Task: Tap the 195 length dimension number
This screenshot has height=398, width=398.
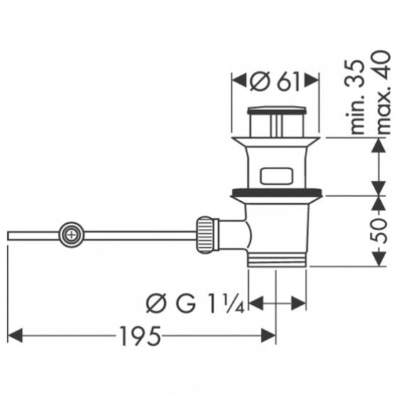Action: (140, 335)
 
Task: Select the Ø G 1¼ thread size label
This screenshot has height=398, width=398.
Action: (195, 303)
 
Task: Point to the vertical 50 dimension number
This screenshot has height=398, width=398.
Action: (380, 231)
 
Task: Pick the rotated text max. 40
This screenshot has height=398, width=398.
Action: (383, 92)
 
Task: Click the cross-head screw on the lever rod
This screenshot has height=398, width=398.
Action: (72, 235)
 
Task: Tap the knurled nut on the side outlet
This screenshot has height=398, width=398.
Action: (205, 235)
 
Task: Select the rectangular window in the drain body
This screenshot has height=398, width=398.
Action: (276, 176)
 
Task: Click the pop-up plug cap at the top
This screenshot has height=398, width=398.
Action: (277, 110)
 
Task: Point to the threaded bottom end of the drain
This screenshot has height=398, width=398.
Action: (277, 259)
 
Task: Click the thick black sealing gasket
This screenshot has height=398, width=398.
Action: (276, 192)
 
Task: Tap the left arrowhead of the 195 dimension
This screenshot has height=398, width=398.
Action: (15, 335)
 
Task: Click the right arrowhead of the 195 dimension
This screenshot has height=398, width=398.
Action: (268, 335)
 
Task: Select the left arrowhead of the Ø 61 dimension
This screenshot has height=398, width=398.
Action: (239, 81)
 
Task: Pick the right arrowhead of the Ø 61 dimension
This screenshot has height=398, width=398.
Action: (312, 81)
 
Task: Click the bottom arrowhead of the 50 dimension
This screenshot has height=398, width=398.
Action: (380, 259)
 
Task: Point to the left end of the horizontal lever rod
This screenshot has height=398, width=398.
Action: (8, 235)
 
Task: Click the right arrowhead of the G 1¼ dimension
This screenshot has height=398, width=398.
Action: (298, 303)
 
